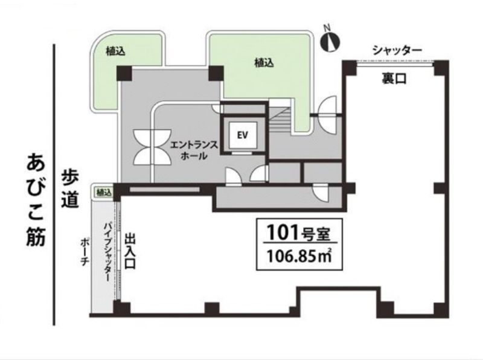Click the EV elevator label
coord(243,135)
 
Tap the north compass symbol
coord(330,40)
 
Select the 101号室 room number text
coord(299,233)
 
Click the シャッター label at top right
coord(397,50)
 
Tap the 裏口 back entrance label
coord(394,79)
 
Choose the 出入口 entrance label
coord(130,251)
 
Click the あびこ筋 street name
coord(36,201)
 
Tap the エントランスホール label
coord(194,150)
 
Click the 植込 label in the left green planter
coord(116,51)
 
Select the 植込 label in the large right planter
coord(264,63)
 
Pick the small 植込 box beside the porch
coord(104,193)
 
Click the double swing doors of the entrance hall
coord(152,148)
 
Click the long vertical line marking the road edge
coord(54,184)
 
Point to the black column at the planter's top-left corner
coord(124,73)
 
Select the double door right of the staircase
coord(328,115)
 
